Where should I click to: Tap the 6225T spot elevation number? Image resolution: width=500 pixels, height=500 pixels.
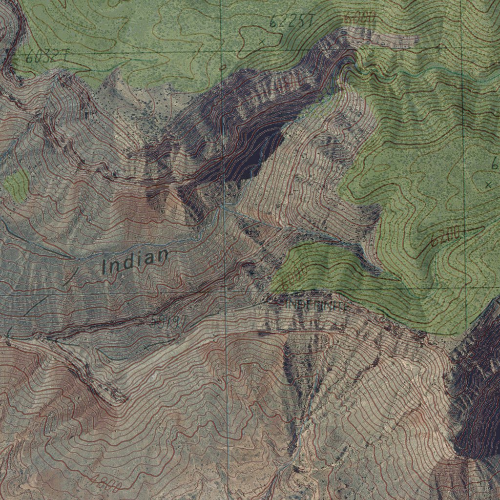pos(291,21)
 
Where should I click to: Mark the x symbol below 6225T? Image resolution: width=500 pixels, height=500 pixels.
pos(262,42)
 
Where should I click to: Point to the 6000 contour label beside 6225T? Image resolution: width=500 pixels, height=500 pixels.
pos(360,18)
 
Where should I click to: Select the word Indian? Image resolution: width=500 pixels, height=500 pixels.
pos(135,261)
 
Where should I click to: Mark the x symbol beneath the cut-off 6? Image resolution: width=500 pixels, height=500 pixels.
pos(488,185)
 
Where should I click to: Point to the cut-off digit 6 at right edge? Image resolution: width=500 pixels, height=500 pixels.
pos(495,165)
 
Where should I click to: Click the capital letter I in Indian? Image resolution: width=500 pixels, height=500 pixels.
pos(104,267)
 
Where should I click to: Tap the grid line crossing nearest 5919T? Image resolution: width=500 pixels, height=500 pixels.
pos(226,292)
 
